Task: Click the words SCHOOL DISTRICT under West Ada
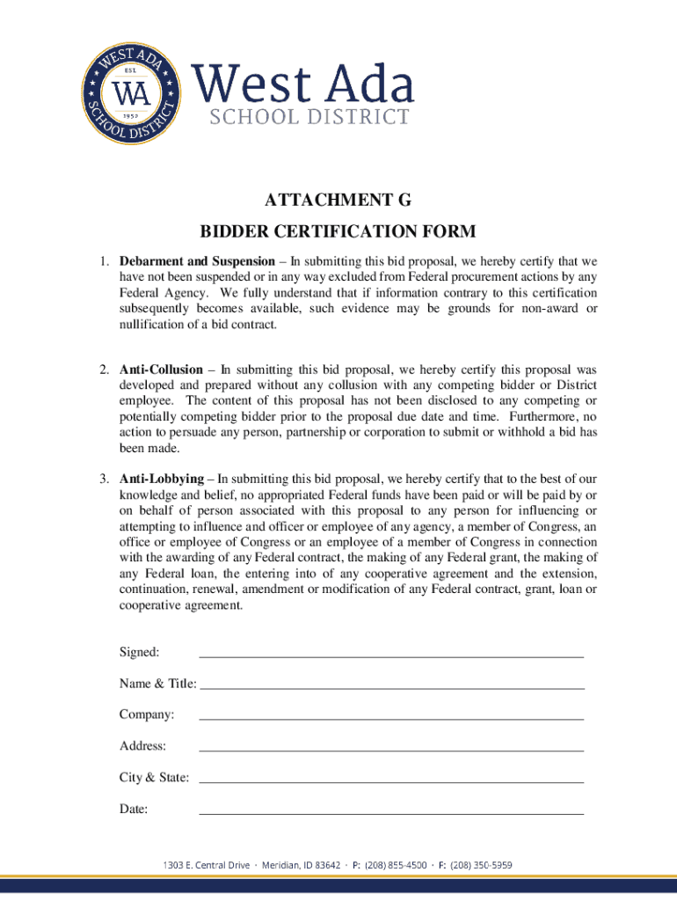(309, 118)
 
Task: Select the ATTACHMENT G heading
(338, 201)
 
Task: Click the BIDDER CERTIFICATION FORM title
(338, 231)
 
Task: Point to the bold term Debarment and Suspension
(197, 262)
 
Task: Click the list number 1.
(102, 262)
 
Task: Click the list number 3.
(102, 480)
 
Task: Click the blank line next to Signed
(391, 656)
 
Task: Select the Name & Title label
(158, 684)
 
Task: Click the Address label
(142, 746)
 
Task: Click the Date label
(134, 809)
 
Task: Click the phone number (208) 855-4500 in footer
(396, 865)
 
